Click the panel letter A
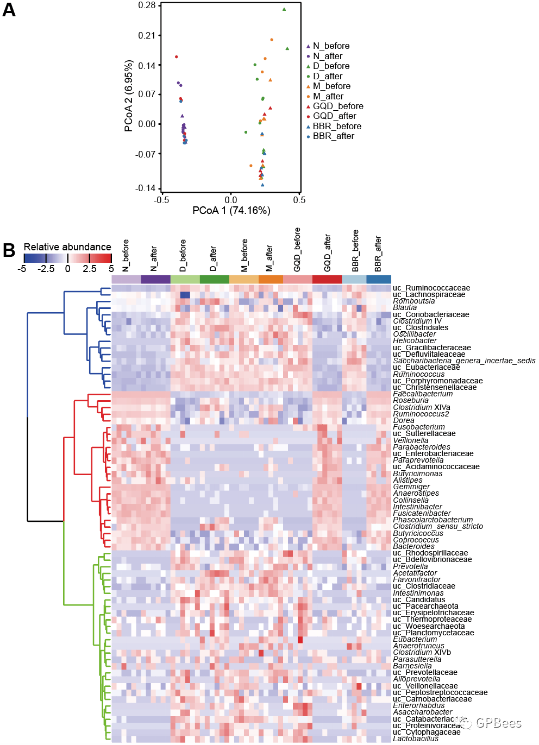(x=9, y=10)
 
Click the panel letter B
(x=9, y=250)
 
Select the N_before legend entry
(x=331, y=46)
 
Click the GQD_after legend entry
(x=334, y=116)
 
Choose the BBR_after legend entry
(x=333, y=136)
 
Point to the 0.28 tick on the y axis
(x=147, y=5)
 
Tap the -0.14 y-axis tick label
(x=145, y=188)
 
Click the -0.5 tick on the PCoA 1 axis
(x=161, y=200)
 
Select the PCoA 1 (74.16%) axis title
(x=231, y=211)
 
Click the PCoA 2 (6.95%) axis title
(x=129, y=96)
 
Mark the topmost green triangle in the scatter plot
(x=284, y=9)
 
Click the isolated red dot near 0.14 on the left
(x=176, y=57)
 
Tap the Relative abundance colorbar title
(x=67, y=247)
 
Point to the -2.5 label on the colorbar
(x=46, y=269)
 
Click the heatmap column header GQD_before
(x=297, y=250)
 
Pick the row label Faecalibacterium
(x=423, y=394)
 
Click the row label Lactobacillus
(x=416, y=738)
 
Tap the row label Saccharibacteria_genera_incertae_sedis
(x=464, y=361)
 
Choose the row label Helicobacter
(x=415, y=341)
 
